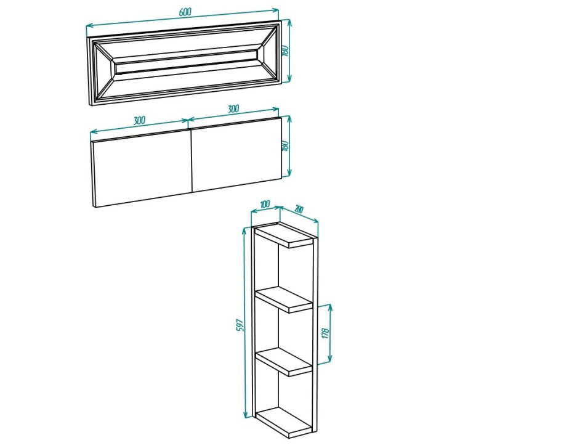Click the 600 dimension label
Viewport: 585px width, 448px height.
(x=185, y=12)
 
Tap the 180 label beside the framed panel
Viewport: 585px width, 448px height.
(x=286, y=51)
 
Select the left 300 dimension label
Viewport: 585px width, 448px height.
(x=139, y=120)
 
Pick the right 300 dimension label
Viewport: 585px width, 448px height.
(x=233, y=108)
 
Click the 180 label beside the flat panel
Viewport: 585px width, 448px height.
(x=286, y=145)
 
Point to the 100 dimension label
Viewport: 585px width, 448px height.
(x=265, y=204)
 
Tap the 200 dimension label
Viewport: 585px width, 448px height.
(x=299, y=209)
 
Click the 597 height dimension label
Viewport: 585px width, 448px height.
(x=240, y=325)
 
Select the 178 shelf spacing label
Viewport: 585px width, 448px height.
(x=325, y=333)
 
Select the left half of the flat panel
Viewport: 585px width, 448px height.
(x=142, y=168)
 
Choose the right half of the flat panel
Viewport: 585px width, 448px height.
(x=236, y=155)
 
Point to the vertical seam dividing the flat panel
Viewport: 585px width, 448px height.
(x=192, y=161)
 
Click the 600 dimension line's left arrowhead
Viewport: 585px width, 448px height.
(x=89, y=26)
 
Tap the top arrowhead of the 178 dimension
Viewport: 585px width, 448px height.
(x=329, y=307)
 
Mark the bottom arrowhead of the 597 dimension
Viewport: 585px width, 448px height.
(x=246, y=414)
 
